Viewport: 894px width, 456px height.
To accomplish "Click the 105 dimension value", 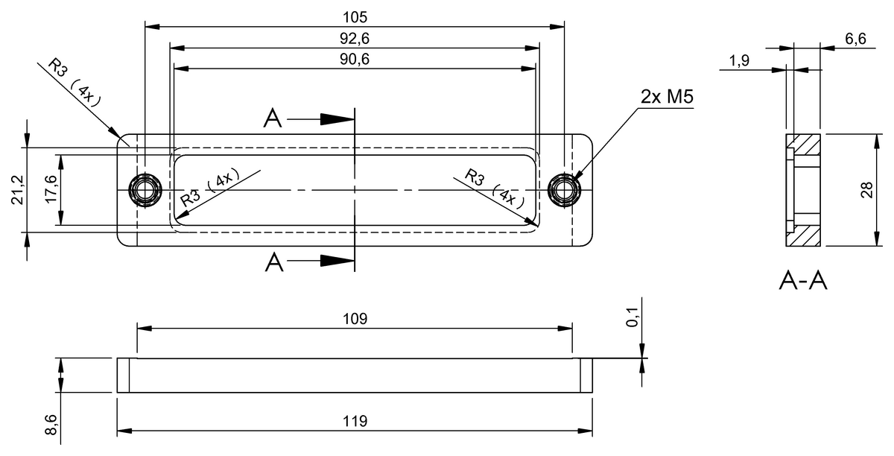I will coord(354,16).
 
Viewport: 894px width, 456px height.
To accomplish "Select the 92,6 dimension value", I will coord(354,38).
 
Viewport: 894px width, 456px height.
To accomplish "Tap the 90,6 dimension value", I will coord(354,60).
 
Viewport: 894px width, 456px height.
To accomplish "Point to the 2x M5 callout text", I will coord(668,97).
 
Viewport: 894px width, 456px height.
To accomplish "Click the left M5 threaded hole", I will coord(145,189).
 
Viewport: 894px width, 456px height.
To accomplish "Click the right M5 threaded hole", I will coord(563,189).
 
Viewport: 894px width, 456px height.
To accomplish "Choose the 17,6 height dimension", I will coord(50,189).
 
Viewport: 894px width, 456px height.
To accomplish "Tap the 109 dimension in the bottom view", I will coord(355,319).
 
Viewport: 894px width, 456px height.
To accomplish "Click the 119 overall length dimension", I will coord(355,422).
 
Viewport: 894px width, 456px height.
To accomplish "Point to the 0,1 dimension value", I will coord(633,318).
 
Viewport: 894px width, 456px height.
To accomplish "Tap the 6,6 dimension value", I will coord(855,39).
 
